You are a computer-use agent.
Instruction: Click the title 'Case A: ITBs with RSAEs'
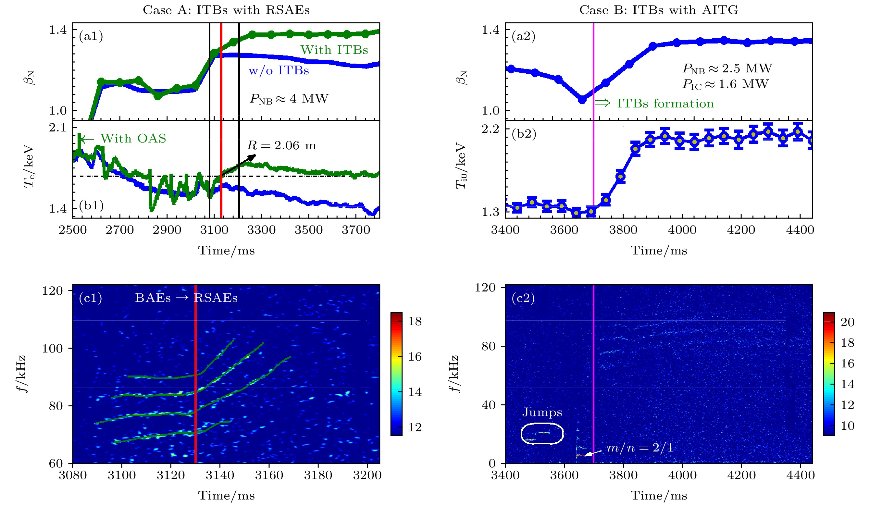226,10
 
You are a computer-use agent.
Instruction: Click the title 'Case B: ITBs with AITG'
659,10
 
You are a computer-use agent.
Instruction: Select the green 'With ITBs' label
334,50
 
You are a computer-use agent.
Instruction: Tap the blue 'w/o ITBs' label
279,71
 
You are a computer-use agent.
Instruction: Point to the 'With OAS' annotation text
133,139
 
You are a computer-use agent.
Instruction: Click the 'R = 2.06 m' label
281,145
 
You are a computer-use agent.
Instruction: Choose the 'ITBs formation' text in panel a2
665,104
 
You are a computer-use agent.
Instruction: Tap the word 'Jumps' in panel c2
542,412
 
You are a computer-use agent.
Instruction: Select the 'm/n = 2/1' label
640,448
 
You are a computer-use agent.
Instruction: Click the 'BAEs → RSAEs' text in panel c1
186,298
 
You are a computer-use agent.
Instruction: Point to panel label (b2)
524,134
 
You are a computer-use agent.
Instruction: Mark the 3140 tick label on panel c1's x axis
220,475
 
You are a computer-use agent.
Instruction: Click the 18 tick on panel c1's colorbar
415,321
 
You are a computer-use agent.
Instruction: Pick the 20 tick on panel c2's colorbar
847,322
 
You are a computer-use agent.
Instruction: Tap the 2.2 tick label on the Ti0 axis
490,129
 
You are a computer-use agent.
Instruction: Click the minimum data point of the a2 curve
582,100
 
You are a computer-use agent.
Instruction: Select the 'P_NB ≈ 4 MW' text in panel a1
289,99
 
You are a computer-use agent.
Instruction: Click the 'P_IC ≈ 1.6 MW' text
726,84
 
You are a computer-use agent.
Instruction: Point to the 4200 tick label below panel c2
741,475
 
